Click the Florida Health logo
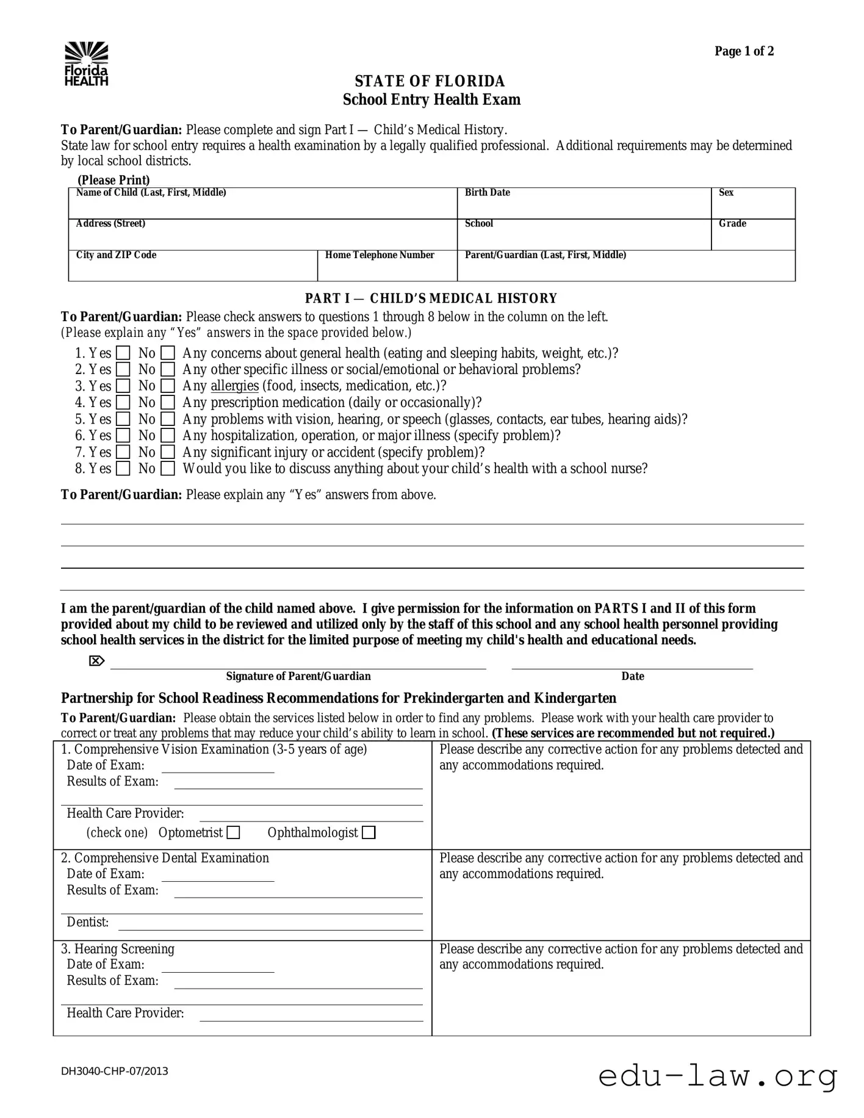point(86,63)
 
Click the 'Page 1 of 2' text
point(744,51)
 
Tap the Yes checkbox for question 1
point(123,353)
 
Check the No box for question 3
point(168,386)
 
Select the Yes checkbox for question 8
point(123,469)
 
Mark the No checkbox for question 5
point(168,419)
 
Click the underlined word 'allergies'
point(234,386)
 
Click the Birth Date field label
point(487,193)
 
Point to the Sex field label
point(725,193)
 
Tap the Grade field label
point(732,224)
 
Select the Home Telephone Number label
point(379,255)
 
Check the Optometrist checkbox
point(233,832)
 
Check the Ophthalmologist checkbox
point(369,832)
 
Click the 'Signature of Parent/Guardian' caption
point(298,676)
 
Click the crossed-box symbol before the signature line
point(96,661)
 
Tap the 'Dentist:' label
point(87,922)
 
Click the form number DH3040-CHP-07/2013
point(114,1071)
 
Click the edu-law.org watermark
point(718,1077)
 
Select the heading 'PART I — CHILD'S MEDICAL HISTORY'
point(431,298)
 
